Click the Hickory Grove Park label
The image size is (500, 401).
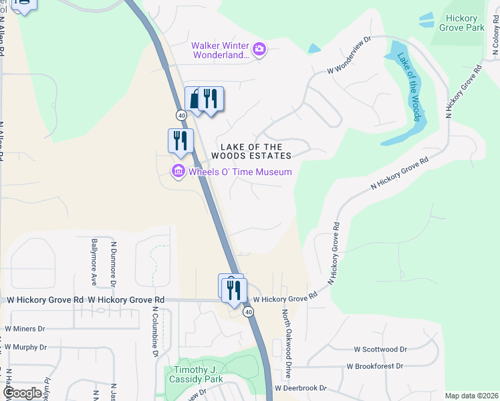[x=462, y=23]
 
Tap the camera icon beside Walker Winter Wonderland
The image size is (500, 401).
[x=259, y=48]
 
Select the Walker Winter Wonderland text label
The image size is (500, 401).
[x=220, y=50]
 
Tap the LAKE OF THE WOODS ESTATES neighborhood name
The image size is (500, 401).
[x=251, y=151]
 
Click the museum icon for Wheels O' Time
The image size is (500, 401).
[x=178, y=172]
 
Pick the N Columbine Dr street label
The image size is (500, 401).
[x=154, y=331]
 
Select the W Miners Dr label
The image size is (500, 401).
[x=25, y=328]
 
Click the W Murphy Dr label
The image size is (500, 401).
[x=25, y=347]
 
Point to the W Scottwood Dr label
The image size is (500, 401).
[x=380, y=349]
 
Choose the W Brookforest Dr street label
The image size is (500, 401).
[x=374, y=366]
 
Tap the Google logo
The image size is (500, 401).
[x=23, y=393]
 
